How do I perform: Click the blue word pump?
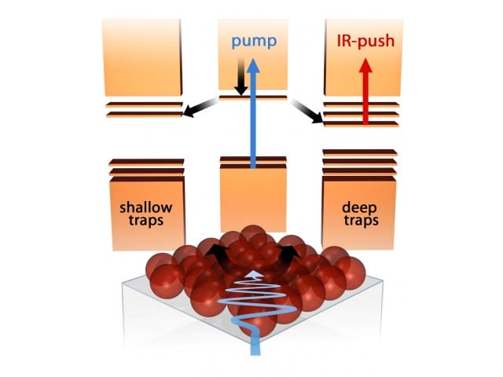[254, 42]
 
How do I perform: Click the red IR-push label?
[365, 41]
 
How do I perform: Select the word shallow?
[146, 207]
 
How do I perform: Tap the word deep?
[359, 208]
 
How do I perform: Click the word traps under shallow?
[146, 221]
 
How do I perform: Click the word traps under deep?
[361, 221]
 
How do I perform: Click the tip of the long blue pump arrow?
[253, 59]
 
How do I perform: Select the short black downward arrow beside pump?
[240, 76]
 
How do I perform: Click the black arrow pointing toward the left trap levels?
[200, 108]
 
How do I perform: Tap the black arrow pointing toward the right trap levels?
[307, 112]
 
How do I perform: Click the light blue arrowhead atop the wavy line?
[255, 274]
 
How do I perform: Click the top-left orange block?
[141, 57]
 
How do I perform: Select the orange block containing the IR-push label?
[363, 57]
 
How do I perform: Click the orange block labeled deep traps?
[358, 212]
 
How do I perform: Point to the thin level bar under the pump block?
[253, 97]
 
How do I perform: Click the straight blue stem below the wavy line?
[255, 340]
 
